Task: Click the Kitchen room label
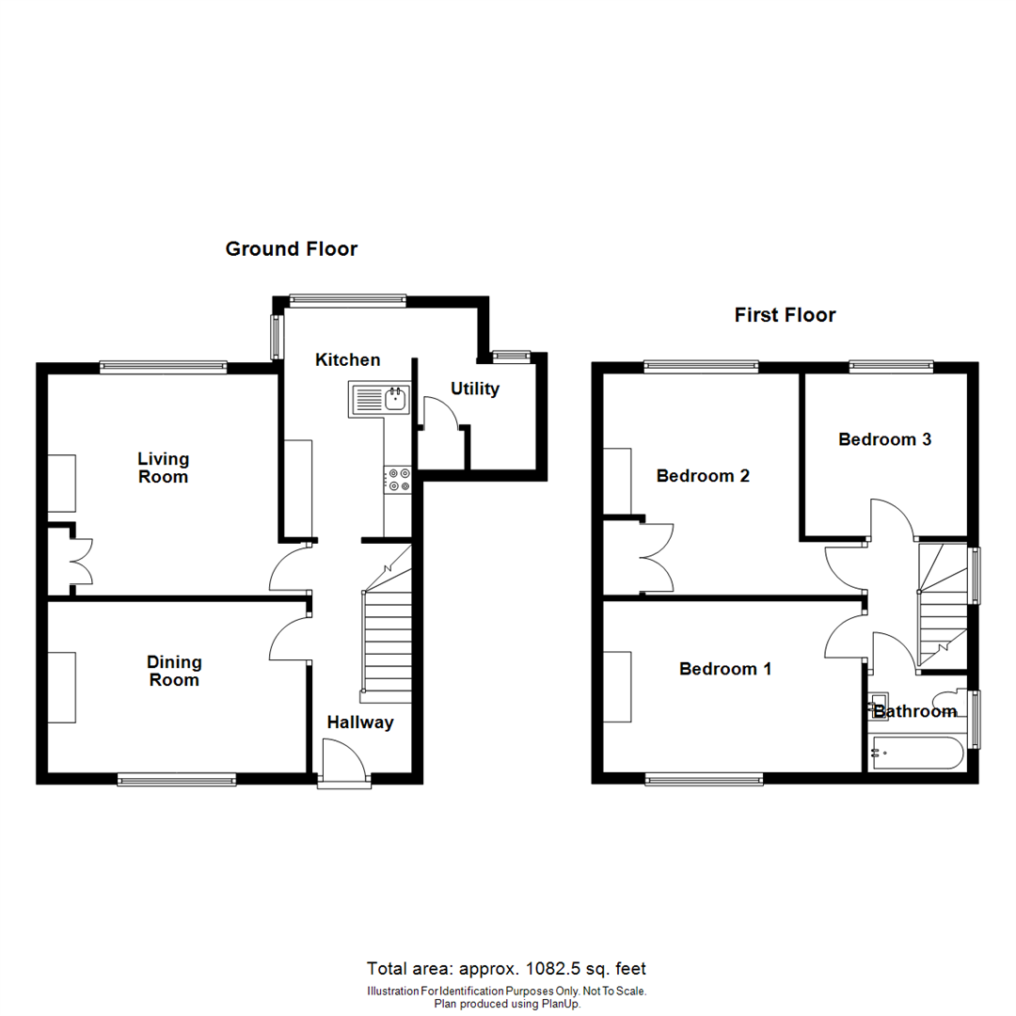pyautogui.click(x=347, y=359)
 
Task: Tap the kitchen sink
pyautogui.click(x=380, y=399)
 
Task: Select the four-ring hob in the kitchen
pyautogui.click(x=397, y=480)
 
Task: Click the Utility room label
pyautogui.click(x=474, y=389)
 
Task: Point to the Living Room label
pyautogui.click(x=163, y=468)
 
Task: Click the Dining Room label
pyautogui.click(x=174, y=672)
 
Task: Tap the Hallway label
pyautogui.click(x=360, y=722)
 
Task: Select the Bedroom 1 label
pyautogui.click(x=725, y=669)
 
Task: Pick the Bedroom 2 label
pyautogui.click(x=703, y=476)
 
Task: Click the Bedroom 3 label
pyautogui.click(x=885, y=438)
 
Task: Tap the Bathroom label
pyautogui.click(x=914, y=712)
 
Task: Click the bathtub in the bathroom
pyautogui.click(x=916, y=753)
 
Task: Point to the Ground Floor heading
pyautogui.click(x=292, y=249)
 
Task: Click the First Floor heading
pyautogui.click(x=785, y=315)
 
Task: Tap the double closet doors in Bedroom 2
pyautogui.click(x=658, y=557)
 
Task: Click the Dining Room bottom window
pyautogui.click(x=177, y=778)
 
